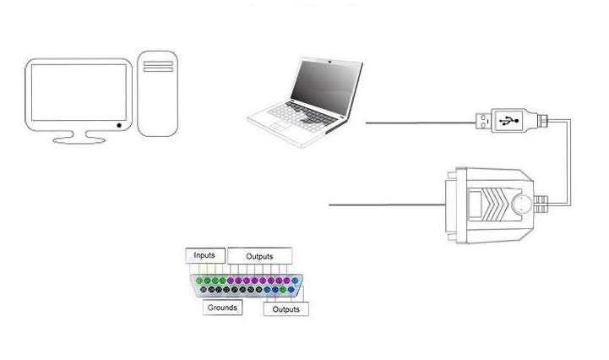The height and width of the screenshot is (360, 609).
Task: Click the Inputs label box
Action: [205, 255]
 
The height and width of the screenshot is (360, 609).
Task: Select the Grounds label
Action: [222, 308]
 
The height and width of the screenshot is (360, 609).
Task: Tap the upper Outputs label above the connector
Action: [258, 256]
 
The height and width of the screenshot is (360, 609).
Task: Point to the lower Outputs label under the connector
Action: [285, 309]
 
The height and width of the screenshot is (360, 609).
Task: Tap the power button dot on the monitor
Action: [119, 126]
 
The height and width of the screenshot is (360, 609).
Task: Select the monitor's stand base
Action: [79, 138]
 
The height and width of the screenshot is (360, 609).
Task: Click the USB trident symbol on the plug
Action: [509, 119]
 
